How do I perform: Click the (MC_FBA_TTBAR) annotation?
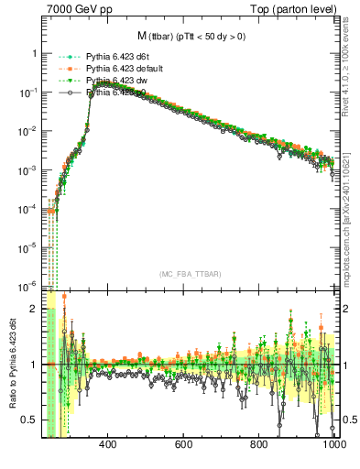(190, 274)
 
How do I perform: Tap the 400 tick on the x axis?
(107, 445)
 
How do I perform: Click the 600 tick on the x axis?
(183, 445)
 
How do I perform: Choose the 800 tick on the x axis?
(259, 445)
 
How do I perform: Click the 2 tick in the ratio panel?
(35, 309)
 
